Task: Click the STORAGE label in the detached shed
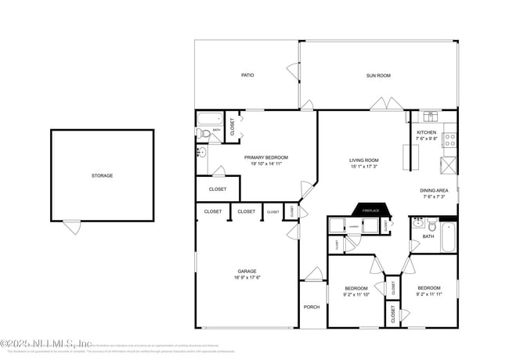102,175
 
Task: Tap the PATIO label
247,75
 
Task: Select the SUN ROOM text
378,75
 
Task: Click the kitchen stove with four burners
450,140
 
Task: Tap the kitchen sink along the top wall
430,117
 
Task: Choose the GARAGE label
247,272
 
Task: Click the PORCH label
312,307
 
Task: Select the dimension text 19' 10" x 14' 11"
266,164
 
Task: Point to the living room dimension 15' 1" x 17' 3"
363,167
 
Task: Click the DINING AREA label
435,190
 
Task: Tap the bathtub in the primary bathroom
209,121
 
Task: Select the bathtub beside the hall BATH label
448,236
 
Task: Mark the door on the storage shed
72,227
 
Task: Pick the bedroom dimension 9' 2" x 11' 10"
356,295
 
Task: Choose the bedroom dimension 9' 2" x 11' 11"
428,295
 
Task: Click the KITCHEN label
427,133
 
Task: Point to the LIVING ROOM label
363,160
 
